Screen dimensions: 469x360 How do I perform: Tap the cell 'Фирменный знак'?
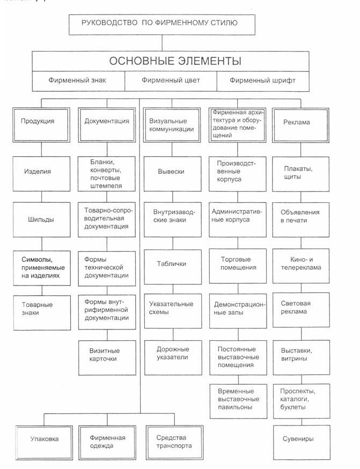[x=77, y=81]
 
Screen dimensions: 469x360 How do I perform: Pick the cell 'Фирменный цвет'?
[x=171, y=81]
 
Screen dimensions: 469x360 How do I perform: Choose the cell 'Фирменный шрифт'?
[x=262, y=81]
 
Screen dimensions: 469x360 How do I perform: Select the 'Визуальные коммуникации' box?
[x=172, y=124]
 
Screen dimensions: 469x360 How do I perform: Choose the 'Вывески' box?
[x=171, y=172]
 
